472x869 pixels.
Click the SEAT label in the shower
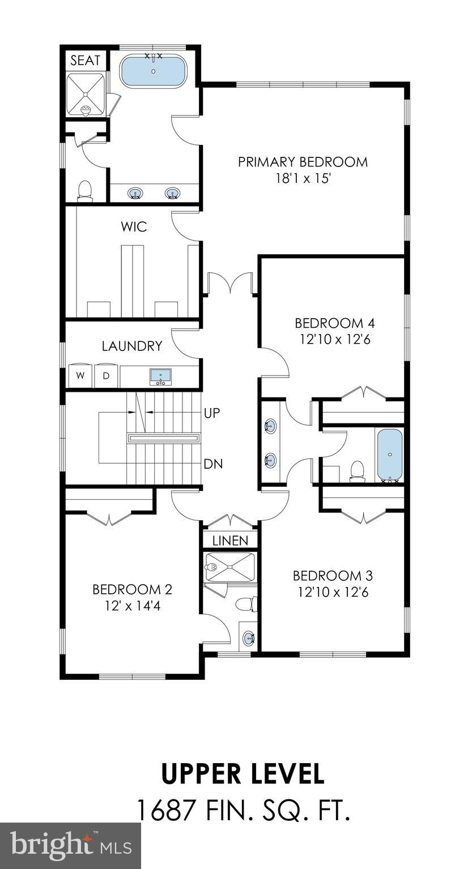point(85,60)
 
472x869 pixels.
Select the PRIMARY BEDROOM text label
point(303,162)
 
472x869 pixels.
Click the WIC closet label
point(134,227)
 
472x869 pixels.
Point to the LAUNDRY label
point(132,346)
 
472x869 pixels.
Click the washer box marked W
point(80,376)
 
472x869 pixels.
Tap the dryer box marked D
point(106,376)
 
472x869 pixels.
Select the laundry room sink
point(161,376)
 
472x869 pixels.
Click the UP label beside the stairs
point(212,413)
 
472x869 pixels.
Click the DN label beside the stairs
point(213,464)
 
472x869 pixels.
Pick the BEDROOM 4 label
point(334,323)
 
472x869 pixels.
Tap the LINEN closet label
point(230,541)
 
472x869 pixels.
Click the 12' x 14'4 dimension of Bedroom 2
point(132,606)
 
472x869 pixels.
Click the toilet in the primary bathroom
point(85,189)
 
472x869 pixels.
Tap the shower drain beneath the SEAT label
point(86,109)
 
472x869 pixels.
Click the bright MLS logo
point(70,846)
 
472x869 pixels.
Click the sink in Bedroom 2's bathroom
point(248,639)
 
